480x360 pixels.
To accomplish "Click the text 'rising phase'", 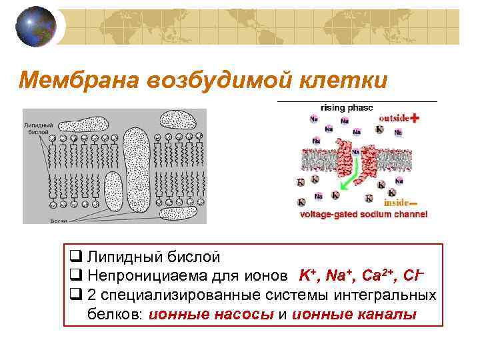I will (x=347, y=107).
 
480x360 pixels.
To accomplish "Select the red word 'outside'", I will (x=393, y=118).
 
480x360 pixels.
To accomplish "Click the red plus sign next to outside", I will (x=415, y=118).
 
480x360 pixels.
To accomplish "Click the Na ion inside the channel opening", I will (x=356, y=151).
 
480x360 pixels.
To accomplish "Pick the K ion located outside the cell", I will (x=379, y=129).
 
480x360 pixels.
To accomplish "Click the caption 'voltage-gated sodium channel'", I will (x=363, y=215).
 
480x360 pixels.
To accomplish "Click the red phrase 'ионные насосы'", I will (x=212, y=314).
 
